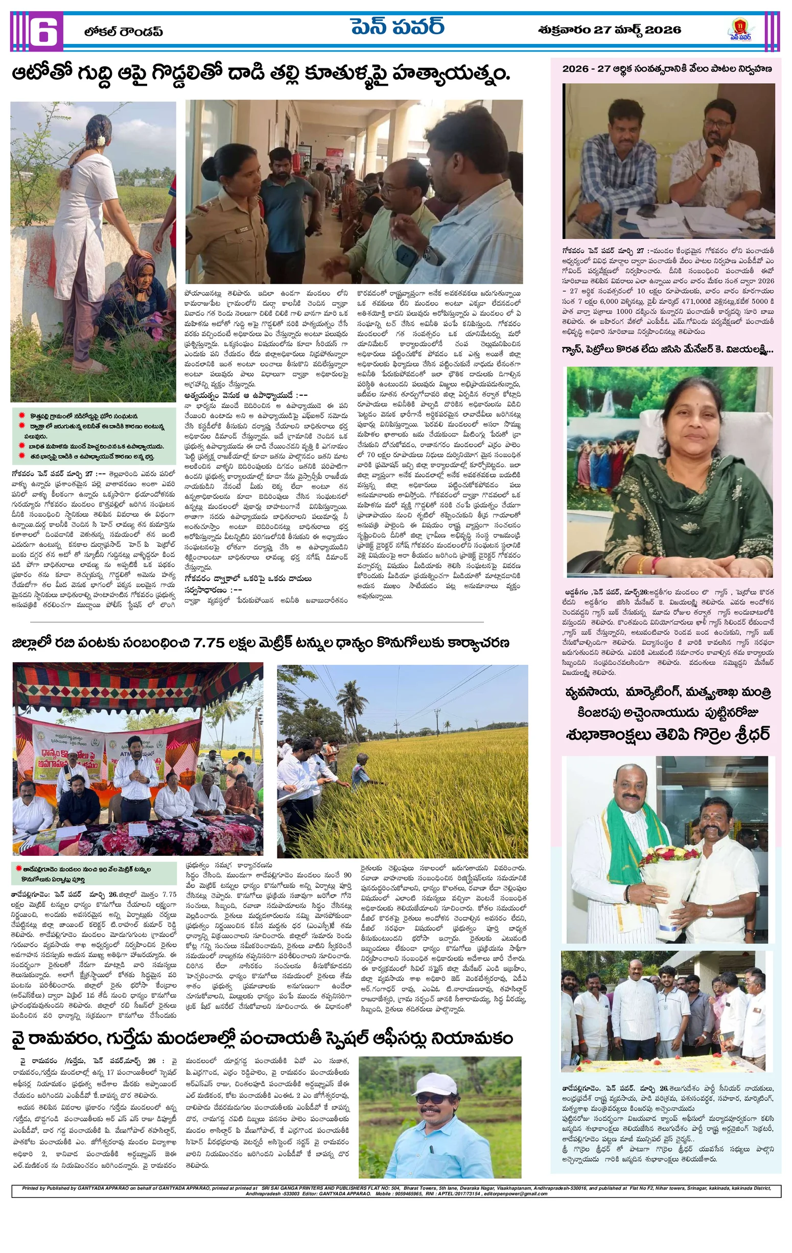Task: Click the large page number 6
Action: [x=42, y=31]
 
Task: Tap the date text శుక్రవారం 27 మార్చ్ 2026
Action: [x=609, y=30]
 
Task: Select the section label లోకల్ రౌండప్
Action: [x=124, y=32]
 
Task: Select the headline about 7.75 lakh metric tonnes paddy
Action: [x=261, y=643]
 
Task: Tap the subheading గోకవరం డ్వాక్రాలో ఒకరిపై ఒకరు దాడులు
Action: [x=248, y=579]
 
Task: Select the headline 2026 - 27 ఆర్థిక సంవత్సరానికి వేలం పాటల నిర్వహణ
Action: [x=666, y=69]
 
